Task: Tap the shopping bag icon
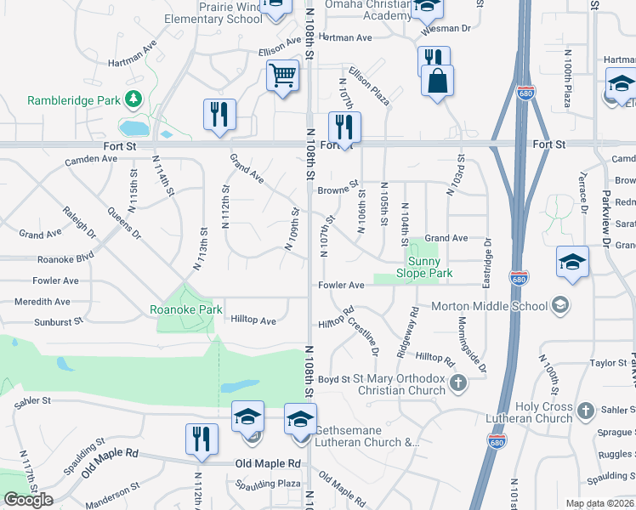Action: (x=437, y=81)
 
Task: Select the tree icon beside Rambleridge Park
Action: (x=133, y=100)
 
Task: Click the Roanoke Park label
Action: (x=186, y=309)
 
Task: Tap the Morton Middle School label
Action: (x=489, y=306)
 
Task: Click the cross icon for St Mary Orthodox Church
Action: (x=458, y=383)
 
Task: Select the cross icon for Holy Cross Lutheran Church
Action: (x=585, y=411)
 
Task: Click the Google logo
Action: (x=28, y=500)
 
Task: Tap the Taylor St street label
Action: (x=608, y=362)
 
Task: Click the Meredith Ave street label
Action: (x=42, y=301)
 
